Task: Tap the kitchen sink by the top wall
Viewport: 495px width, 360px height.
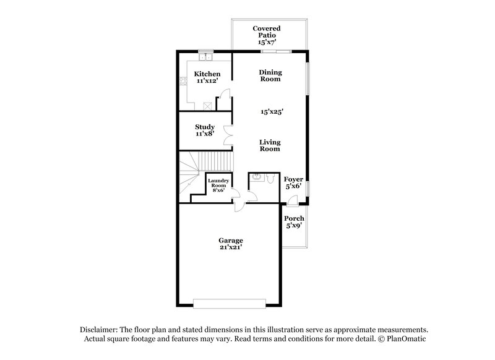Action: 205,58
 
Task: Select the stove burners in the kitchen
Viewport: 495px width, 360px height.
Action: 183,80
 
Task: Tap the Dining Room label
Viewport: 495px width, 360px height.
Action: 269,75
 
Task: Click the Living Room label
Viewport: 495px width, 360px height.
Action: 269,145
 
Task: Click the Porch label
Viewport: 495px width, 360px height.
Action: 294,221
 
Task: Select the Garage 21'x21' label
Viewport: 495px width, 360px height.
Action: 230,244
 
